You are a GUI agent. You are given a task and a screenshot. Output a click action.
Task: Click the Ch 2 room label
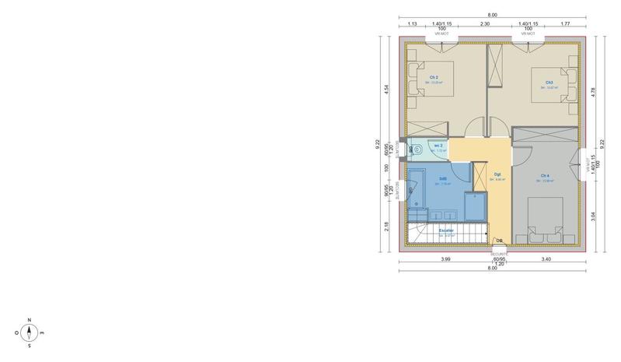(434, 78)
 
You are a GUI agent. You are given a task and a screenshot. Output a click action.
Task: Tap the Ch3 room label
(549, 82)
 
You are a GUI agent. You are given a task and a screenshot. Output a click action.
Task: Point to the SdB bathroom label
(442, 179)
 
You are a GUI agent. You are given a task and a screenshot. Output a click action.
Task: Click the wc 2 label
(438, 146)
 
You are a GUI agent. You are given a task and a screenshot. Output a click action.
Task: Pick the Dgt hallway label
(497, 174)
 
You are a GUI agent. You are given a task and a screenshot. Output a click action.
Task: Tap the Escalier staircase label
(446, 230)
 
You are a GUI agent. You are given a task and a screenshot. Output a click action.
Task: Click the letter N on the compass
(29, 320)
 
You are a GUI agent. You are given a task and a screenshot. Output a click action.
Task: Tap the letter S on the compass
(29, 346)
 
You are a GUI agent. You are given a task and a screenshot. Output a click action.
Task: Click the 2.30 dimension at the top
(485, 24)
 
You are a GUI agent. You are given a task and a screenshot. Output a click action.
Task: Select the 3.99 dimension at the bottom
(446, 258)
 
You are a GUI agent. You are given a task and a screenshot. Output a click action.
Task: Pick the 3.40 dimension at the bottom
(546, 258)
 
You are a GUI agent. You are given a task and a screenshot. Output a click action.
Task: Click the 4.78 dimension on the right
(593, 91)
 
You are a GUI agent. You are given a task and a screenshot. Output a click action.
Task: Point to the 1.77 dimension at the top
(565, 24)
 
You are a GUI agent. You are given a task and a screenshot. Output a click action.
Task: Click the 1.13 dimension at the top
(413, 24)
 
